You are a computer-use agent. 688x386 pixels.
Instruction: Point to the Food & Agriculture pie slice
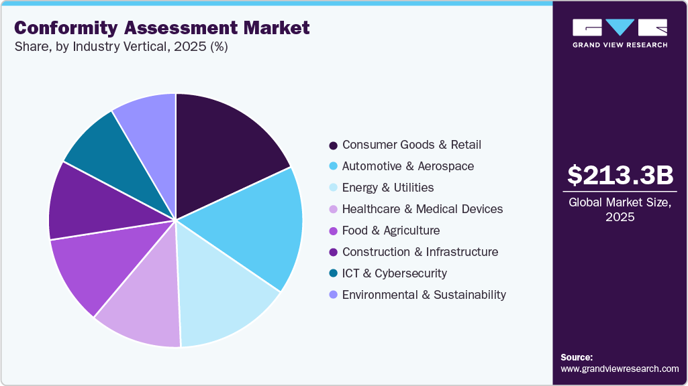point(91,265)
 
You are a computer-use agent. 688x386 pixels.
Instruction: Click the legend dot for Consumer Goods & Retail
point(333,145)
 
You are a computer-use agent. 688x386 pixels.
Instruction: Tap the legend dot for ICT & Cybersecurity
point(333,274)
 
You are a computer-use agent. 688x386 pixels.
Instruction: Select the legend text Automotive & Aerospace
point(407,166)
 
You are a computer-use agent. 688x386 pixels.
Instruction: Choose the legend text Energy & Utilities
point(387,188)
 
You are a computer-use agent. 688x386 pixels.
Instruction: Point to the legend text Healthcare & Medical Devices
point(422,209)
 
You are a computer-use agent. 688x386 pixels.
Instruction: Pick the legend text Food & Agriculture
point(391,231)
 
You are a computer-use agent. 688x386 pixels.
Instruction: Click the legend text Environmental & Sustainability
point(424,295)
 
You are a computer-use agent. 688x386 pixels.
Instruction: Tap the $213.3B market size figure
point(620,176)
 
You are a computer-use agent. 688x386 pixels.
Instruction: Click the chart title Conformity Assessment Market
point(162,27)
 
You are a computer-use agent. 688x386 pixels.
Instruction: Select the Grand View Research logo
point(620,33)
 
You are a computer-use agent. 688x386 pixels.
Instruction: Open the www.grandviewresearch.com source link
point(620,369)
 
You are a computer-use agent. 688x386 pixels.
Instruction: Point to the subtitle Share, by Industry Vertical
point(121,48)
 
